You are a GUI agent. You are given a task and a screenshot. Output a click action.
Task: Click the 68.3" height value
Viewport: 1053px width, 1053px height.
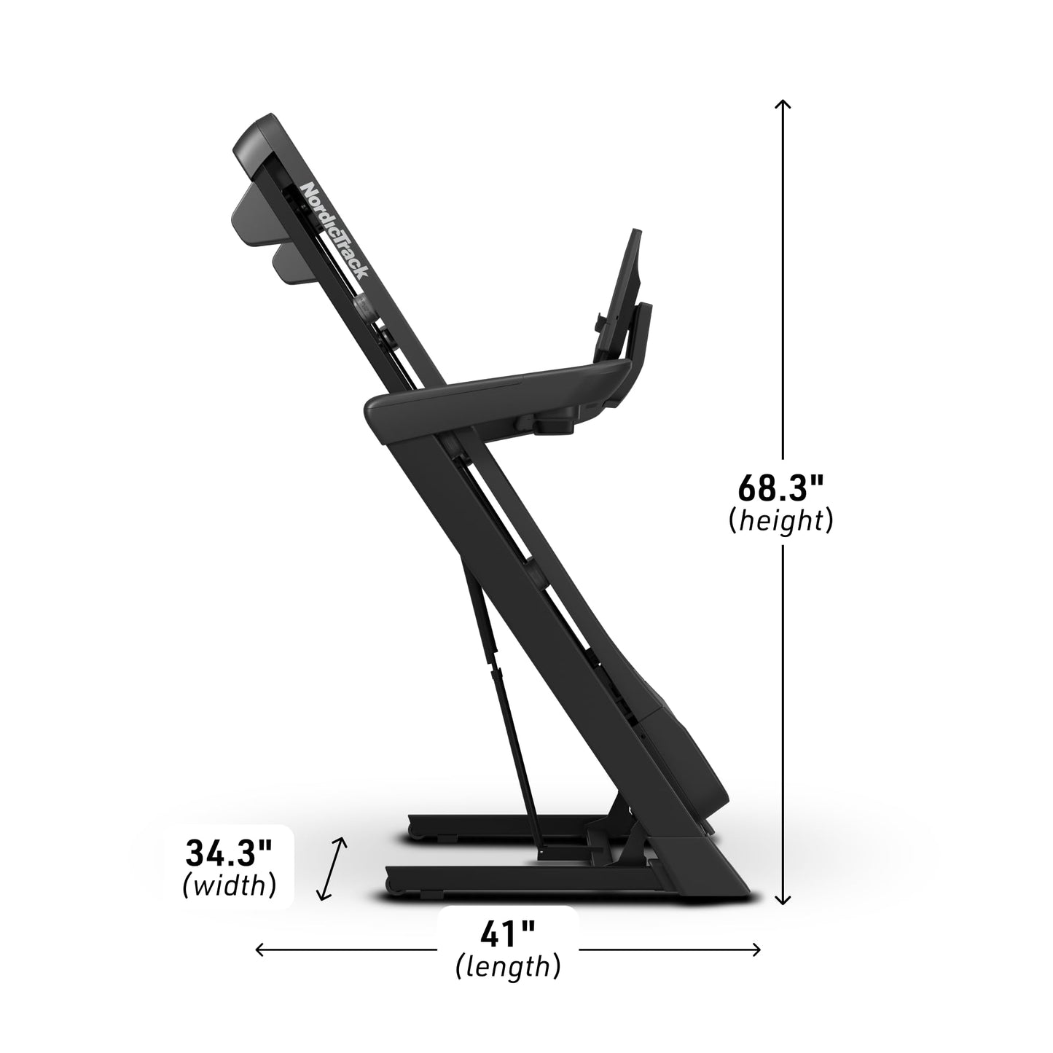click(x=780, y=488)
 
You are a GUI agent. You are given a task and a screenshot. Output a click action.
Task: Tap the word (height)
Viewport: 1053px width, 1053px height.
click(x=780, y=520)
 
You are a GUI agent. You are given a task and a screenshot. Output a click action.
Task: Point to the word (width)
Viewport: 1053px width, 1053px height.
click(x=229, y=885)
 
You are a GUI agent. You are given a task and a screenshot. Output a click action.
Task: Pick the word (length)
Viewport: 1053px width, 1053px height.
click(x=508, y=967)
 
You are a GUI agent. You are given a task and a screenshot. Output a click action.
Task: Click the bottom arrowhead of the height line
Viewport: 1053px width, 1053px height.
click(x=783, y=901)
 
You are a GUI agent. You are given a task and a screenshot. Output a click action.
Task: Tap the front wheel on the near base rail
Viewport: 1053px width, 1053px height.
click(x=394, y=885)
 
